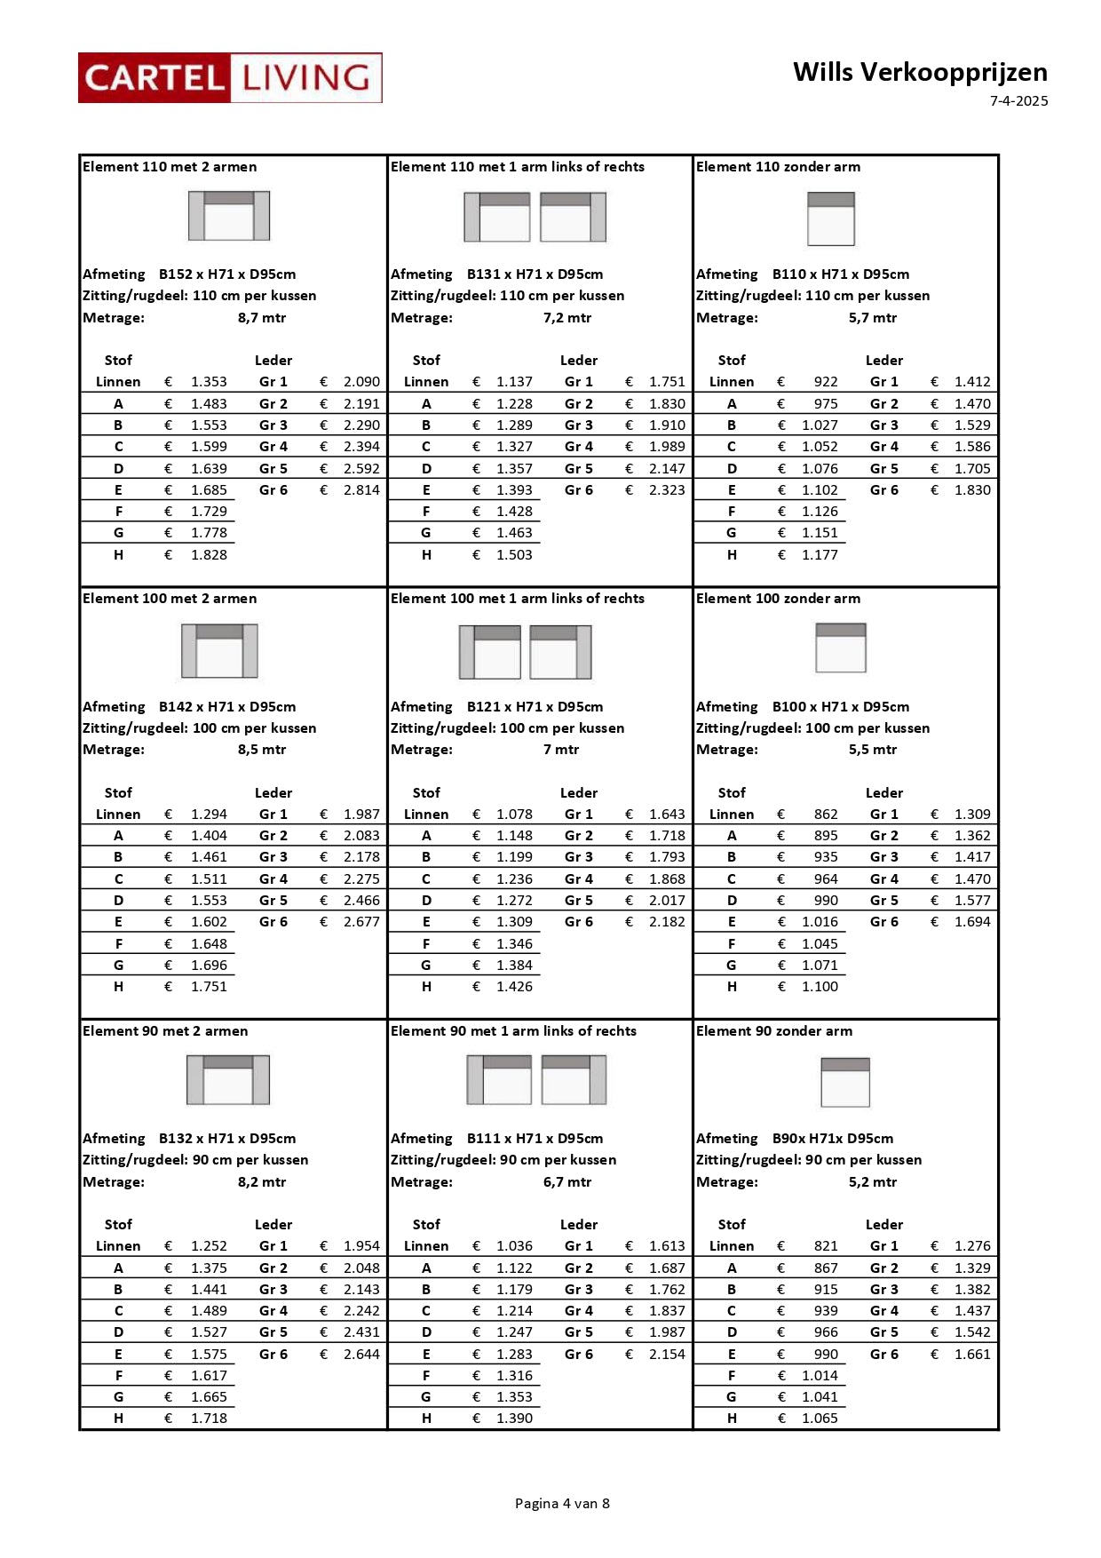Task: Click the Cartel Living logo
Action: tap(230, 78)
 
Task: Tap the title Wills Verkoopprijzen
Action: tap(920, 72)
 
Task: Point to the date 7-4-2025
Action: tap(1018, 101)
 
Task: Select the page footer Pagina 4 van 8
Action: tap(562, 1503)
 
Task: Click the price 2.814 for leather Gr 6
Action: tap(361, 490)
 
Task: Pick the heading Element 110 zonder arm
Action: tap(778, 167)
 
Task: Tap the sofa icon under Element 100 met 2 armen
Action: tap(219, 651)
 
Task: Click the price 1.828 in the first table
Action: tap(209, 555)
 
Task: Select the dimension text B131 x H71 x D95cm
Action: tap(535, 274)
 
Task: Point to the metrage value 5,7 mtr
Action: tap(872, 318)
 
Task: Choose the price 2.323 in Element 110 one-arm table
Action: tap(667, 490)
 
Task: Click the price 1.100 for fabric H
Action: tap(820, 987)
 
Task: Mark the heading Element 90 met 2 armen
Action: tap(165, 1031)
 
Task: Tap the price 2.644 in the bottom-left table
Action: tap(361, 1355)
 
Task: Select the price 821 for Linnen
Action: tap(826, 1246)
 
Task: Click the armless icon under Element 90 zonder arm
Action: tap(845, 1083)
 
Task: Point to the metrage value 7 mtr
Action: tap(561, 750)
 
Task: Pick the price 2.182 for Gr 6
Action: tap(667, 922)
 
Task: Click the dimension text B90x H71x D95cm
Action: tap(833, 1139)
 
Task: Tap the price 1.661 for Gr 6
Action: tap(972, 1355)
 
